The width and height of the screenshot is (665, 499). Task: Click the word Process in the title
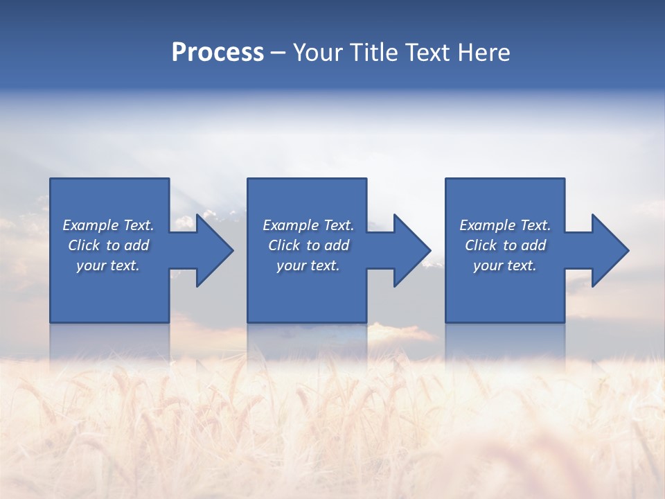218,53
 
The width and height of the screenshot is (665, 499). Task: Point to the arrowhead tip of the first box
233,250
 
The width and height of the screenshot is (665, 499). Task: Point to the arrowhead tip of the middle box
431,250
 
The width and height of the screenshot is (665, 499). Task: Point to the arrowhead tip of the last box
629,250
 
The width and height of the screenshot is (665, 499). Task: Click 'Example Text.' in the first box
108,225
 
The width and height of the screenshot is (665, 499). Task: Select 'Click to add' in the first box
108,245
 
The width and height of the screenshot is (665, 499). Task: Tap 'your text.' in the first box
108,265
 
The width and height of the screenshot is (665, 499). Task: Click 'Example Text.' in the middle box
308,225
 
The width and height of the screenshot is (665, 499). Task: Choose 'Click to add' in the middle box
308,245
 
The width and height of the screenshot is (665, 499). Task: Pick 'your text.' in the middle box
308,265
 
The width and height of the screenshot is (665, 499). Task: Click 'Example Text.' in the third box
505,225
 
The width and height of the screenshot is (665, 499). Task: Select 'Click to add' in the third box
505,245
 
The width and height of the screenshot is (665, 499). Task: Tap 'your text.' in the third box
505,265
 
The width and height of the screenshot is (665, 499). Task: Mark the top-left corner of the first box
50,179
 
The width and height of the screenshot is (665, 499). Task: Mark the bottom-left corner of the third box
445,322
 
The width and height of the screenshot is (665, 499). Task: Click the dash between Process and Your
278,53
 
